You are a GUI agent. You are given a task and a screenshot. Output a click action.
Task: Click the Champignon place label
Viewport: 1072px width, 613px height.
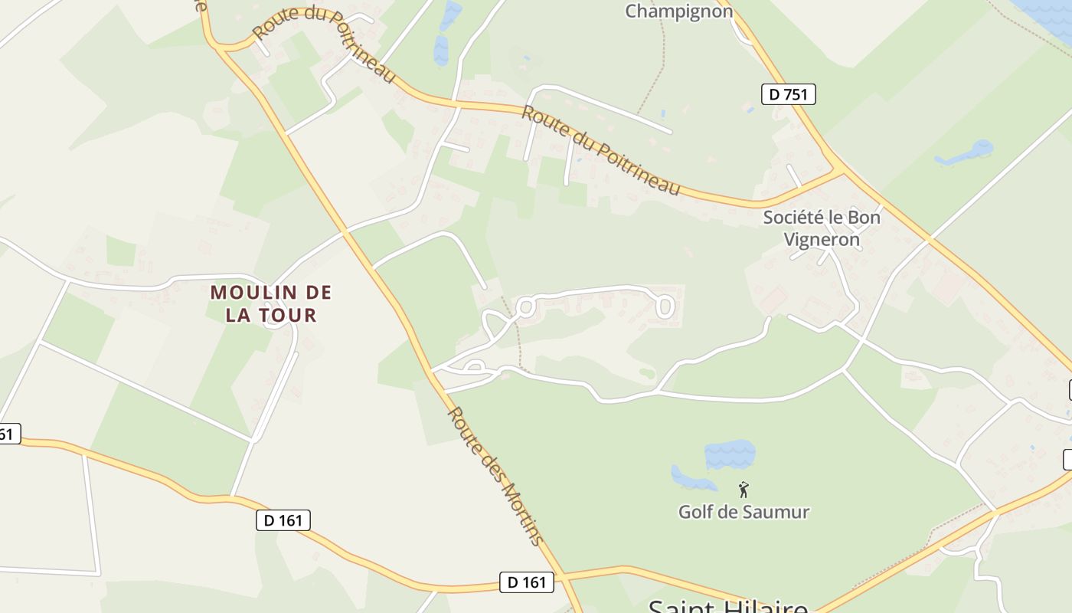[x=679, y=11]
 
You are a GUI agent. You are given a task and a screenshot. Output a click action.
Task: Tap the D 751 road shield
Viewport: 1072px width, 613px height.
[x=789, y=94]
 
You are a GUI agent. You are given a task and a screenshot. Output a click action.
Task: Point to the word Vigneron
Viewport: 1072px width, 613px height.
[x=822, y=239]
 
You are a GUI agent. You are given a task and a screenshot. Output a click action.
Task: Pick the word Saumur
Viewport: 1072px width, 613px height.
[x=776, y=512]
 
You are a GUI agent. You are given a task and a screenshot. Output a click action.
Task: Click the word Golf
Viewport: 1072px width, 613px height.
[x=696, y=512]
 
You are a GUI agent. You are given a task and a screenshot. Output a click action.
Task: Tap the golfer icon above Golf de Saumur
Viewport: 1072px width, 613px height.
[x=743, y=490]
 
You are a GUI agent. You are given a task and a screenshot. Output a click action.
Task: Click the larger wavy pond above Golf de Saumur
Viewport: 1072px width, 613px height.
[x=730, y=454]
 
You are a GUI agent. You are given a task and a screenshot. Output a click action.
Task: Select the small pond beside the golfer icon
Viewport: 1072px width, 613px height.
[x=691, y=478]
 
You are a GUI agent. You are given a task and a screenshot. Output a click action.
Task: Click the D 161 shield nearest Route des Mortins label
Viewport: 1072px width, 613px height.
[x=527, y=582]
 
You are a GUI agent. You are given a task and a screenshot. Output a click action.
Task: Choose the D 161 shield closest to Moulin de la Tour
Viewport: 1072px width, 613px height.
[x=283, y=520]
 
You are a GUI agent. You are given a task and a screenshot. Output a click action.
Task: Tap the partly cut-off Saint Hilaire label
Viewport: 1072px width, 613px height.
[x=727, y=606]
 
